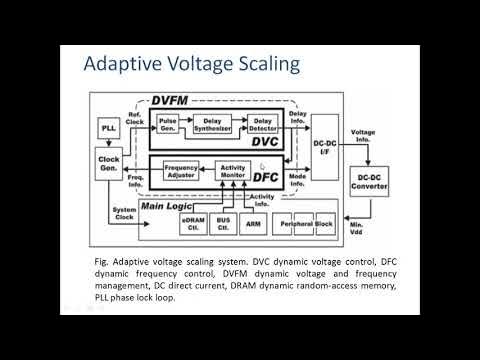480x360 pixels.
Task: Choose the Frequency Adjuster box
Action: pos(180,170)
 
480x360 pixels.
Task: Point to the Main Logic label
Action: pos(168,204)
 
